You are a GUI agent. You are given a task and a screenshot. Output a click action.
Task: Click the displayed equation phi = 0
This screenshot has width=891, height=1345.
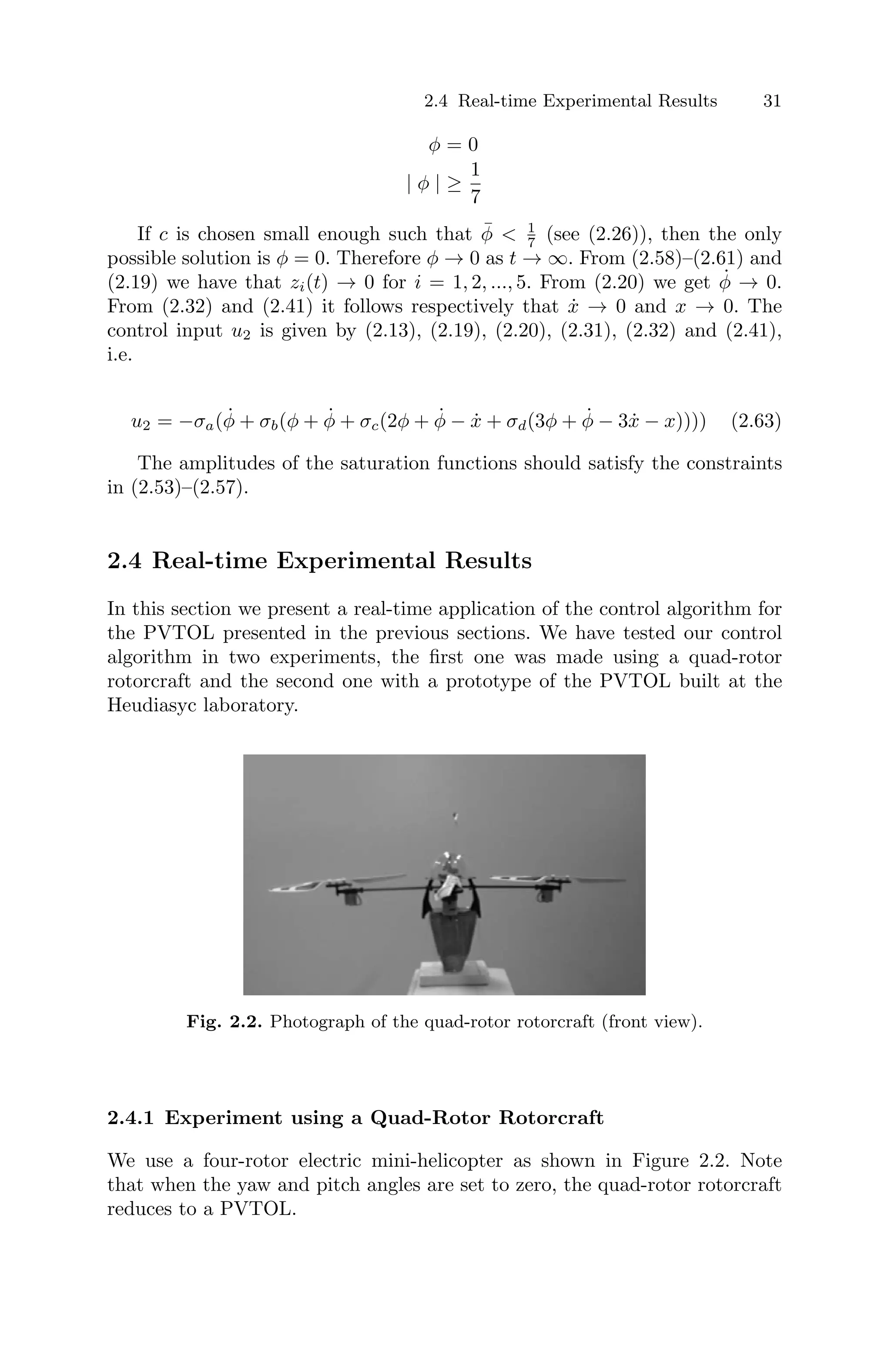453,145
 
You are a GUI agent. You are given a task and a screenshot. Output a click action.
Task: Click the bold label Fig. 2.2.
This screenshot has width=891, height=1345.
224,1022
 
